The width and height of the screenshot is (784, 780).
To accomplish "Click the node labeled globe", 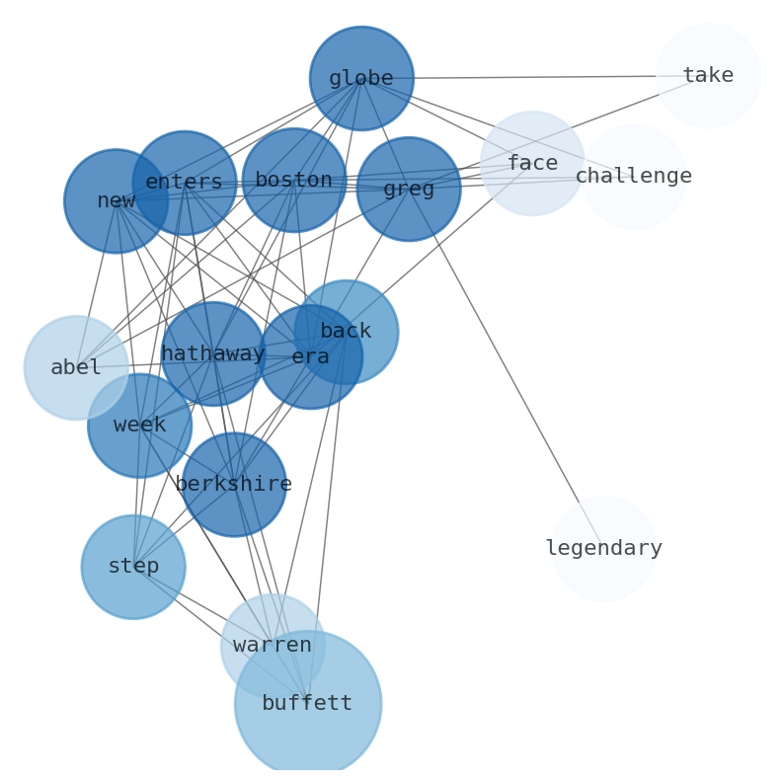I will point(361,78).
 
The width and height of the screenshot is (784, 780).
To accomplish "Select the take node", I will point(708,76).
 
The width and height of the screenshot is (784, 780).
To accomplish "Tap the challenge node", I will point(633,177).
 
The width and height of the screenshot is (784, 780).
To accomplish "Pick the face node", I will point(532,164).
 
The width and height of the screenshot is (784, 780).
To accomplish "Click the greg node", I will point(409,189).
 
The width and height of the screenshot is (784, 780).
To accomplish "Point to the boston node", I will point(293,181).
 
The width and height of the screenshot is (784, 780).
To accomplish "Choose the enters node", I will point(184,183).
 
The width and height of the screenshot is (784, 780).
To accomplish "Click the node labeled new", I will point(116,201).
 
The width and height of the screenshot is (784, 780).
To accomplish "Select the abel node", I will point(76,368).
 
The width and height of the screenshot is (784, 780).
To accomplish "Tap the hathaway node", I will point(212,354).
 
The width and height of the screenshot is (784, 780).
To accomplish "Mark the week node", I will point(139,426).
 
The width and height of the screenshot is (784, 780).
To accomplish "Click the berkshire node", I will point(233,485).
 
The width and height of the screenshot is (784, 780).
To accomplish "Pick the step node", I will point(133,567).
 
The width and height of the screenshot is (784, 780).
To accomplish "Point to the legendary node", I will point(603,549).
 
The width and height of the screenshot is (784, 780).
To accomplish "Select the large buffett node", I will point(308,704).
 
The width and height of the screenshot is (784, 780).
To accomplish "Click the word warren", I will point(272,646).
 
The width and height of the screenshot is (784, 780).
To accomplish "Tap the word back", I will point(346,332).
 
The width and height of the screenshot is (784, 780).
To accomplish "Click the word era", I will point(310,357).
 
